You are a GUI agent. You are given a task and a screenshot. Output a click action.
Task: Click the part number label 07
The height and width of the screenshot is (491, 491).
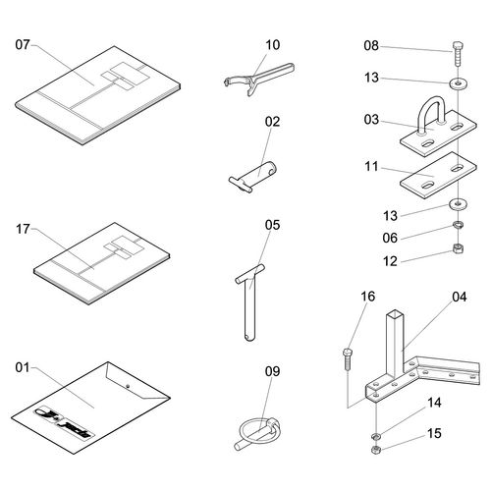23,44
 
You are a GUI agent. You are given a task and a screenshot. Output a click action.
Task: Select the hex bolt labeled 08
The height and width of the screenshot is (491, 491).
458,53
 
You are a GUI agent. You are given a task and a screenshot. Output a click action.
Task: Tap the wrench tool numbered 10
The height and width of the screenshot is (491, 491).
259,79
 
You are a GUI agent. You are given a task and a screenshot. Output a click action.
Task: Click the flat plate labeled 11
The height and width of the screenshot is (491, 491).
438,175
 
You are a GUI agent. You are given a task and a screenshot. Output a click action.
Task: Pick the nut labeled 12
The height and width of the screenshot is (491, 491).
458,248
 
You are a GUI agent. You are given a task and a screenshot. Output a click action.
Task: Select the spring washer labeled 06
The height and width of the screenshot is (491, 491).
458,225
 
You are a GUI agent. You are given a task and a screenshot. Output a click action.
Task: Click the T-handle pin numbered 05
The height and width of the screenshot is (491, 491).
250,301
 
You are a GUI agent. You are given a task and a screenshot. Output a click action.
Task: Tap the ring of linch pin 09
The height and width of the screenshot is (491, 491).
252,431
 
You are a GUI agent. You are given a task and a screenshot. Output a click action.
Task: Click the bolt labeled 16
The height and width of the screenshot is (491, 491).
348,358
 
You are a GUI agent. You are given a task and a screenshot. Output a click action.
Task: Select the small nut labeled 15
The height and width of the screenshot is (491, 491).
376,450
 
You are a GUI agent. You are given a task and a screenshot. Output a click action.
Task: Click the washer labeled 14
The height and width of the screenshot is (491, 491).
376,436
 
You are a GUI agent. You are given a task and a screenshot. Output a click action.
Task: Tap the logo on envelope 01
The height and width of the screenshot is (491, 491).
65,422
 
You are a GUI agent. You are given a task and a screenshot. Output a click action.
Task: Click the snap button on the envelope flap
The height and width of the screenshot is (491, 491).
128,386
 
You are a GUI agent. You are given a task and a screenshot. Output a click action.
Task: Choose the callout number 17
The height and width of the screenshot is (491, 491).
23,229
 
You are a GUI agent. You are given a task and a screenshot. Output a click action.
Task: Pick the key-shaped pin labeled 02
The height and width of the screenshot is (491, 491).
252,176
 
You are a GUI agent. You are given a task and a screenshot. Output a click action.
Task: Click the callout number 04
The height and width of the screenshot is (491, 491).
460,297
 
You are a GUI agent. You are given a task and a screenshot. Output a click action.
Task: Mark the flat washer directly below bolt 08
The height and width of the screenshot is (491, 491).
458,83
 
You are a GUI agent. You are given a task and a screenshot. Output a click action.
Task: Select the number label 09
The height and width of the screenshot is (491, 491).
273,371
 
